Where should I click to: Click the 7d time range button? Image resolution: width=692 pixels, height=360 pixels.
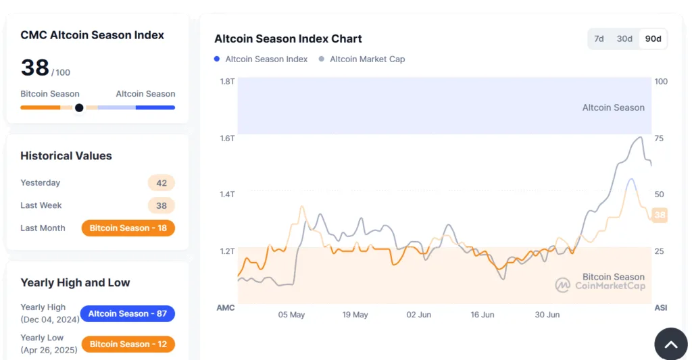tap(599, 39)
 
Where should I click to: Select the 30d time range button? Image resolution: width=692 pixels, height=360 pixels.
tap(624, 39)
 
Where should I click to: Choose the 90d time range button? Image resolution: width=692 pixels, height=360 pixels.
tap(653, 39)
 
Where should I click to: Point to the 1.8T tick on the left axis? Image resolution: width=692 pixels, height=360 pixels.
tap(227, 82)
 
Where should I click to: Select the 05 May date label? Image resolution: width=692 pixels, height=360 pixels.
tap(291, 315)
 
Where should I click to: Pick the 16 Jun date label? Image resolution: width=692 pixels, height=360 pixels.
tap(483, 315)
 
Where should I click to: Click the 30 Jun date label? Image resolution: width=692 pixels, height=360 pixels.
tap(547, 315)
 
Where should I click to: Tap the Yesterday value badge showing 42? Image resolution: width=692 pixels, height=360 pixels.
tap(162, 183)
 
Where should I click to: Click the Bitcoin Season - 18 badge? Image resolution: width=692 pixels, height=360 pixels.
tap(128, 228)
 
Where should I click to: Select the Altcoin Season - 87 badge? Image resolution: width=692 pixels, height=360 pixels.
tap(128, 313)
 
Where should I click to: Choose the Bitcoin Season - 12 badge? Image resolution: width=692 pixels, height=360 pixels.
tap(128, 344)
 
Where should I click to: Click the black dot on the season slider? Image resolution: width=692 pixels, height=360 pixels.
tap(79, 107)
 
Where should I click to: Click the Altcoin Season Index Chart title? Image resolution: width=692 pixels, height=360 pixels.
tap(288, 39)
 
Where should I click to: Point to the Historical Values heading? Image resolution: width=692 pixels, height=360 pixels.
tap(66, 156)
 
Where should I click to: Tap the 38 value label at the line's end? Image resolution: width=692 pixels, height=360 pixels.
tap(660, 215)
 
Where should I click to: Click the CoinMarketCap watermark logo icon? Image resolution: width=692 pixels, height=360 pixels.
tap(563, 285)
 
